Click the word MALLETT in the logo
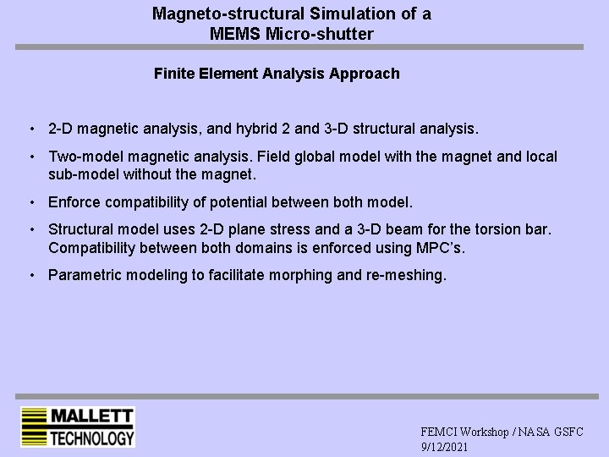(92, 416)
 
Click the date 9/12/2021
(444, 446)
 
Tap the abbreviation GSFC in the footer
(568, 432)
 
